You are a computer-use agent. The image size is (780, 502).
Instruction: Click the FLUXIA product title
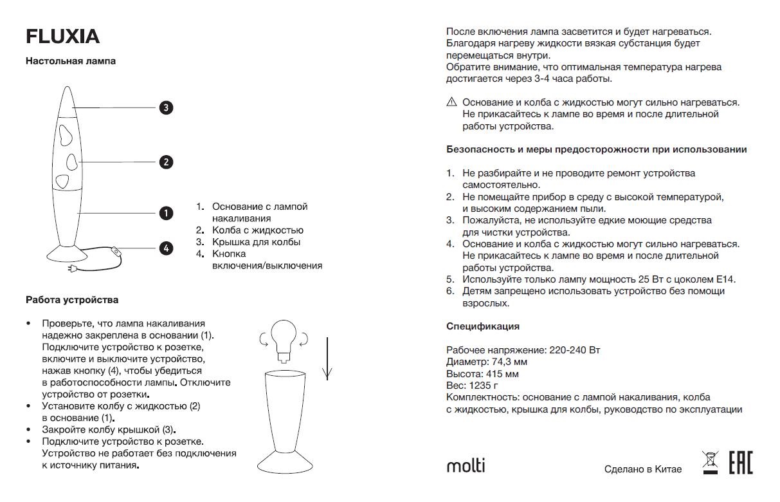[62, 37]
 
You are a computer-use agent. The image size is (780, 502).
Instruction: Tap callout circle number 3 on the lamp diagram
[166, 107]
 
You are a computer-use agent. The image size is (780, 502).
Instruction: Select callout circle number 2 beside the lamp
[166, 162]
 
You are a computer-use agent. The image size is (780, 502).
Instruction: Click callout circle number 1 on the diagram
[166, 213]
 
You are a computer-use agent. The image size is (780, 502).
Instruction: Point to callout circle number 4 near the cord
[166, 248]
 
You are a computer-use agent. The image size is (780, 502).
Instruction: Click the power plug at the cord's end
[73, 270]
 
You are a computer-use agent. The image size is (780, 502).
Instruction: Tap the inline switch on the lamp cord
[116, 251]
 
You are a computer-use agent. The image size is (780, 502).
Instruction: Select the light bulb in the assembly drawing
[283, 338]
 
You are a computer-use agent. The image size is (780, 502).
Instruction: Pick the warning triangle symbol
[451, 102]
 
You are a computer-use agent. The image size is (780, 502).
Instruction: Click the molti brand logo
[466, 465]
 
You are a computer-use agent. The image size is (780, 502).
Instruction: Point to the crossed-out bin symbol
[710, 462]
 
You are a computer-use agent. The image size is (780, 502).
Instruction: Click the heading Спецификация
[483, 326]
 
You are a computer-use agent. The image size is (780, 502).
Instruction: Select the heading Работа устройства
[72, 300]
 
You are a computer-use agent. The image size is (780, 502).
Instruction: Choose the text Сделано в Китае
[642, 469]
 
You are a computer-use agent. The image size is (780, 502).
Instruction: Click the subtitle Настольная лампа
[71, 61]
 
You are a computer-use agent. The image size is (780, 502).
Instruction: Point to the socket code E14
[724, 279]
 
